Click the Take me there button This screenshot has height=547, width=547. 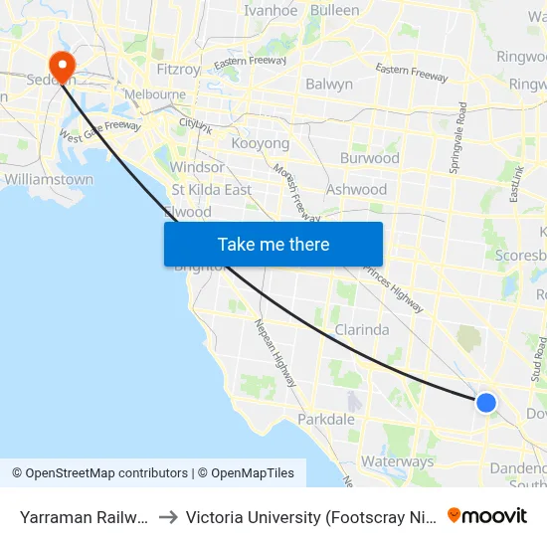[273, 244]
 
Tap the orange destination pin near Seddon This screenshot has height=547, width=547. [62, 68]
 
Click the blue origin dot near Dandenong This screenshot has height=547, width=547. [485, 402]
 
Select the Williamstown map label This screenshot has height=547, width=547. [49, 180]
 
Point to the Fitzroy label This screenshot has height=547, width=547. [179, 70]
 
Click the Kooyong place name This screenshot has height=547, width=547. [260, 143]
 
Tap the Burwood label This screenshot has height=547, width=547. [369, 158]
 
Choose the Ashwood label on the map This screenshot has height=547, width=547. [356, 189]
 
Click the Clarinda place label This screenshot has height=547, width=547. [362, 329]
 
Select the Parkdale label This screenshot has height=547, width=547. [326, 420]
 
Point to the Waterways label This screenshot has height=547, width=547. [397, 461]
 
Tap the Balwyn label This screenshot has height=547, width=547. [329, 85]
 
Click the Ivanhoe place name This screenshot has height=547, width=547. [271, 10]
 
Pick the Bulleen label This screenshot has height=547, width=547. [335, 10]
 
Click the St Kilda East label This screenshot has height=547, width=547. [212, 189]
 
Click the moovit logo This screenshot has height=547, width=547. [487, 516]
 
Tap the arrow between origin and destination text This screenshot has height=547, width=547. [167, 517]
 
